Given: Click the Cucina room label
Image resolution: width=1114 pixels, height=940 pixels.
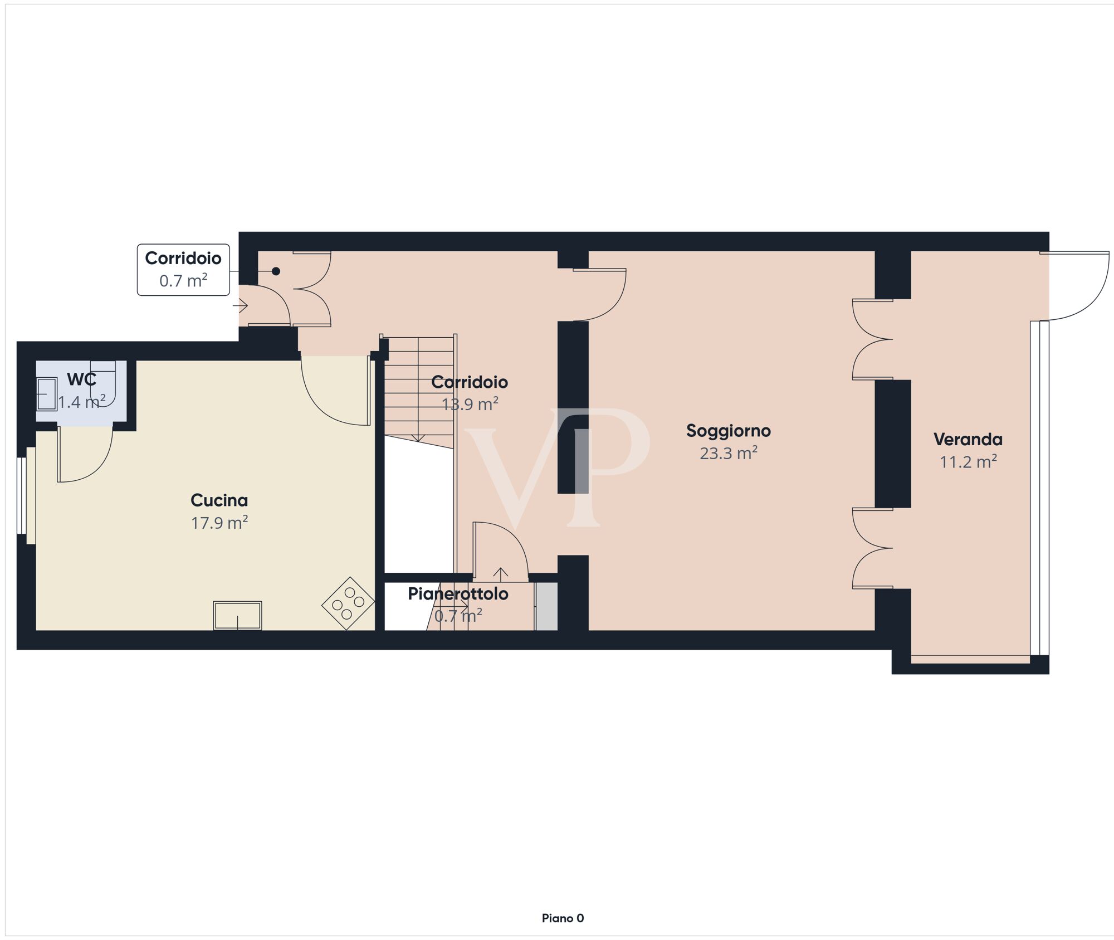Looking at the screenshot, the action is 219,500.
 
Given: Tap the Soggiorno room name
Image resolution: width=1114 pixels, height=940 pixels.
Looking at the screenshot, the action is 729,431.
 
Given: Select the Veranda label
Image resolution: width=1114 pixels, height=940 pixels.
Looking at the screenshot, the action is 968,440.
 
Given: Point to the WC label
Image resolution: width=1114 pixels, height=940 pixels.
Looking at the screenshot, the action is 82,379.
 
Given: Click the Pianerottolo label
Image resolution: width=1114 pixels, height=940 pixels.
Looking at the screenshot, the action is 458,594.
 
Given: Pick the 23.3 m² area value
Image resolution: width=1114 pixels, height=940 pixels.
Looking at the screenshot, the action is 729,453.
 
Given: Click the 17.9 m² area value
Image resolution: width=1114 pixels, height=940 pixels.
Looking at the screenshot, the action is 219,523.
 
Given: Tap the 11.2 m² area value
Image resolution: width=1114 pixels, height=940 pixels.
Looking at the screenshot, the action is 968,461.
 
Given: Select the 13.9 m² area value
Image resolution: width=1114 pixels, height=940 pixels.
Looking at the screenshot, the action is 470,404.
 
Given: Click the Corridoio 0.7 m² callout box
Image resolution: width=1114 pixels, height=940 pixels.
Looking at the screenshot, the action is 183,270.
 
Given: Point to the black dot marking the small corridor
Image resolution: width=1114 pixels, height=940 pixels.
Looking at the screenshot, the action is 276,271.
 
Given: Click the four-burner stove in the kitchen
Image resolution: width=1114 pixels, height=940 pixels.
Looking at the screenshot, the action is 348,603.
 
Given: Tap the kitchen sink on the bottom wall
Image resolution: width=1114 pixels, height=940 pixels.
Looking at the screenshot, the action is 238,616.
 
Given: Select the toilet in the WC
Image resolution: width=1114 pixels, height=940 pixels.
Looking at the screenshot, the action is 103,383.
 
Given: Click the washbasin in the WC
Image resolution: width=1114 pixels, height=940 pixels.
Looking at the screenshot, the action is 47,394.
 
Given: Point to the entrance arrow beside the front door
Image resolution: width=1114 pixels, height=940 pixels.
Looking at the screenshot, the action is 240,305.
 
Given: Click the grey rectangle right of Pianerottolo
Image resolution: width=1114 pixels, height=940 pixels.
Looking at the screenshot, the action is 546,606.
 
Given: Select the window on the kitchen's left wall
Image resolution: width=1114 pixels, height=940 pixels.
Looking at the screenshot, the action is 22,496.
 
